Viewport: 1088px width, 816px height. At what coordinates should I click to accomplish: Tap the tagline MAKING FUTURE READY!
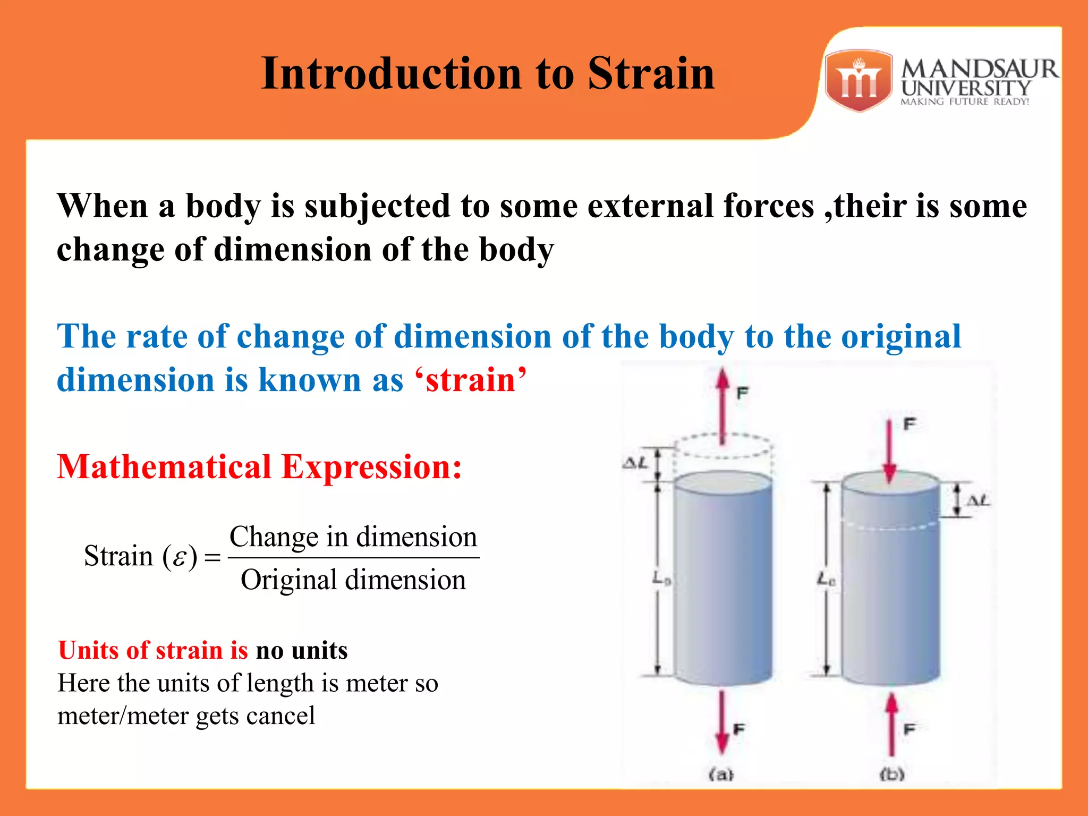[x=965, y=101]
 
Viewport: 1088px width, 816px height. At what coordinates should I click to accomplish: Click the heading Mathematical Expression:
[x=259, y=467]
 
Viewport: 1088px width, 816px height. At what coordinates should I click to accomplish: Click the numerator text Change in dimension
[x=353, y=537]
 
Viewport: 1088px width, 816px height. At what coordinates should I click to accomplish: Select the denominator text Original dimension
[x=353, y=580]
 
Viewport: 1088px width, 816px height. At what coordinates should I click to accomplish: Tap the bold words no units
[x=301, y=650]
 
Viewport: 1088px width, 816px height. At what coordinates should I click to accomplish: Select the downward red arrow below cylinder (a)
[x=721, y=722]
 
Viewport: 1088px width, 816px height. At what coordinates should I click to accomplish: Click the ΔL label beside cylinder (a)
[x=635, y=463]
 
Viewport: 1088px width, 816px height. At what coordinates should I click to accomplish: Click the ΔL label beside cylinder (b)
[x=977, y=500]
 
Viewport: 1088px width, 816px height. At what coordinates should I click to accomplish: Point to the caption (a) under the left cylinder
[x=721, y=774]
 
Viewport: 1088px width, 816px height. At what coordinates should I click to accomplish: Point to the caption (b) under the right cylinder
[x=892, y=774]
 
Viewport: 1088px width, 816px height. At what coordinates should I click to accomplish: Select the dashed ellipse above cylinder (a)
[x=723, y=445]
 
